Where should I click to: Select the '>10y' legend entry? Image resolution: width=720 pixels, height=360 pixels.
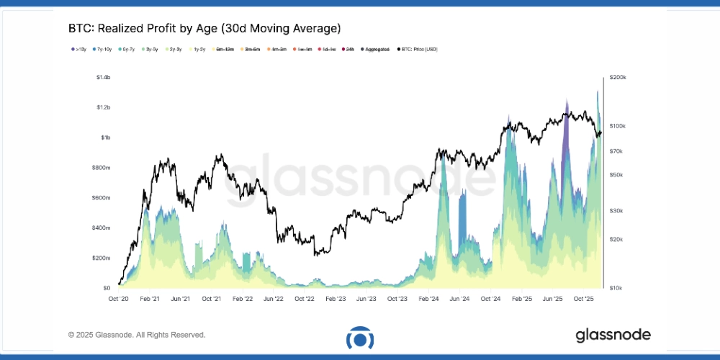[x=78, y=49]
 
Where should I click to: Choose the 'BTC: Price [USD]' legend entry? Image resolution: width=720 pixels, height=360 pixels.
[x=418, y=49]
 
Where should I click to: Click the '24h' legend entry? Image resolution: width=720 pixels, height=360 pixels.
[x=349, y=49]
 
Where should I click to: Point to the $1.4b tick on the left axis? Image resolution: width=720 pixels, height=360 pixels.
[x=103, y=77]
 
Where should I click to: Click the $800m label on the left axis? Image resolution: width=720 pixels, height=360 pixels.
[x=102, y=167]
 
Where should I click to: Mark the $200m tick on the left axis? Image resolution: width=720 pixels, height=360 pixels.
[x=102, y=258]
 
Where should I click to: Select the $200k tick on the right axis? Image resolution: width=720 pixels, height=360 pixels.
[x=618, y=77]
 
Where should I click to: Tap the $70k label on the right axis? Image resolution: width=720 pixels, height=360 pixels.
[x=616, y=151]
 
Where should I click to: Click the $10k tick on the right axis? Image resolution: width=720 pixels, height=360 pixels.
[x=616, y=287]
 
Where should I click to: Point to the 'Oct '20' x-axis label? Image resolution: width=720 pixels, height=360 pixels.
[x=118, y=298]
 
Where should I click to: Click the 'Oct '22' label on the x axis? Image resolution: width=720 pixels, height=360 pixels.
[x=305, y=298]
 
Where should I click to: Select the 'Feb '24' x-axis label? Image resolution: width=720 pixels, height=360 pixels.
[x=430, y=298]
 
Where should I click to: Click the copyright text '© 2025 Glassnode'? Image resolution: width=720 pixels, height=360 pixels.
[x=137, y=335]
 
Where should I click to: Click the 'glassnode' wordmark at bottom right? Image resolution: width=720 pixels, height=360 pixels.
[x=613, y=335]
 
